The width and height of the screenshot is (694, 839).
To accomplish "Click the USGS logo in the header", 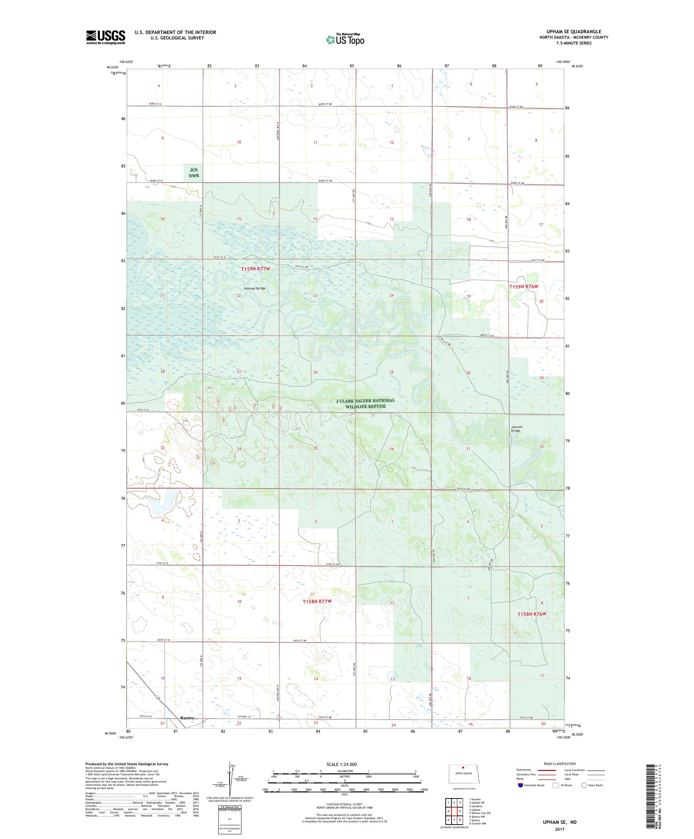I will pos(106,37).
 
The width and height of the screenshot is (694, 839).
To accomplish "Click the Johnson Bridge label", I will pos(516,429).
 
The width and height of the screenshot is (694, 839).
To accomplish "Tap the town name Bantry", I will pos(187,717).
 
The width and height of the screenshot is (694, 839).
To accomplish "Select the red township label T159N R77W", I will pos(256,269).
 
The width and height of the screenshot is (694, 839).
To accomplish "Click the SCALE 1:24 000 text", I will pos(344,764).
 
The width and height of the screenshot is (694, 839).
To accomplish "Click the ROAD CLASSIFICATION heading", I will pos(560,763).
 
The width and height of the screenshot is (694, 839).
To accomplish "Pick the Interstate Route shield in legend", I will pos(520,785).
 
